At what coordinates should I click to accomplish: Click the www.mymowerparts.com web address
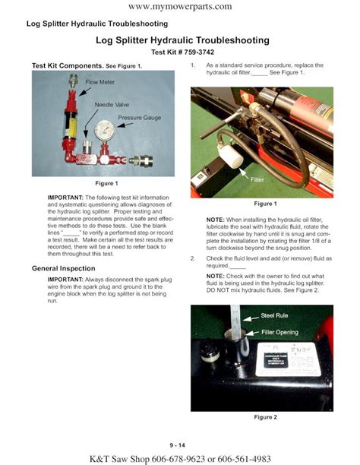(x=180, y=7)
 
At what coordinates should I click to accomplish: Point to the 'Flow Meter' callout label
(x=100, y=81)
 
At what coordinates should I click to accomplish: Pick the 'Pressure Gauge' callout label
(x=140, y=118)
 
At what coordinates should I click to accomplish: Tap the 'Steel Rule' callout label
(x=278, y=315)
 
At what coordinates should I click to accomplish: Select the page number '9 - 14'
(x=179, y=444)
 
